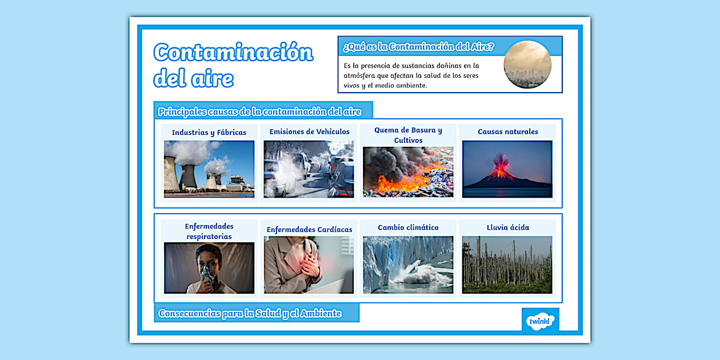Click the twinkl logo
pos(540,320)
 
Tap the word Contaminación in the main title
pos(233,53)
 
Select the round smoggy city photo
pos(527,65)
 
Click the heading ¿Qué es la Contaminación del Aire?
pos(418,47)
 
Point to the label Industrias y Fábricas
pos(209,133)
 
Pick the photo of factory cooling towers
pos(209,169)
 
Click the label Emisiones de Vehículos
pos(309,131)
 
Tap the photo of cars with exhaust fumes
pos(309,169)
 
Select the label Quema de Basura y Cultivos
pos(408,135)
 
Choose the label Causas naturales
pos(508,131)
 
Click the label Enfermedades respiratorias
pos(209,231)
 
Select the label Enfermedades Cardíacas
pos(309,230)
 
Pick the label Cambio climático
pos(408,227)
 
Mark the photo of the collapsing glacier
pos(408,265)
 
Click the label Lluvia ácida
pos(508,227)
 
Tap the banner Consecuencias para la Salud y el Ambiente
pos(250,313)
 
